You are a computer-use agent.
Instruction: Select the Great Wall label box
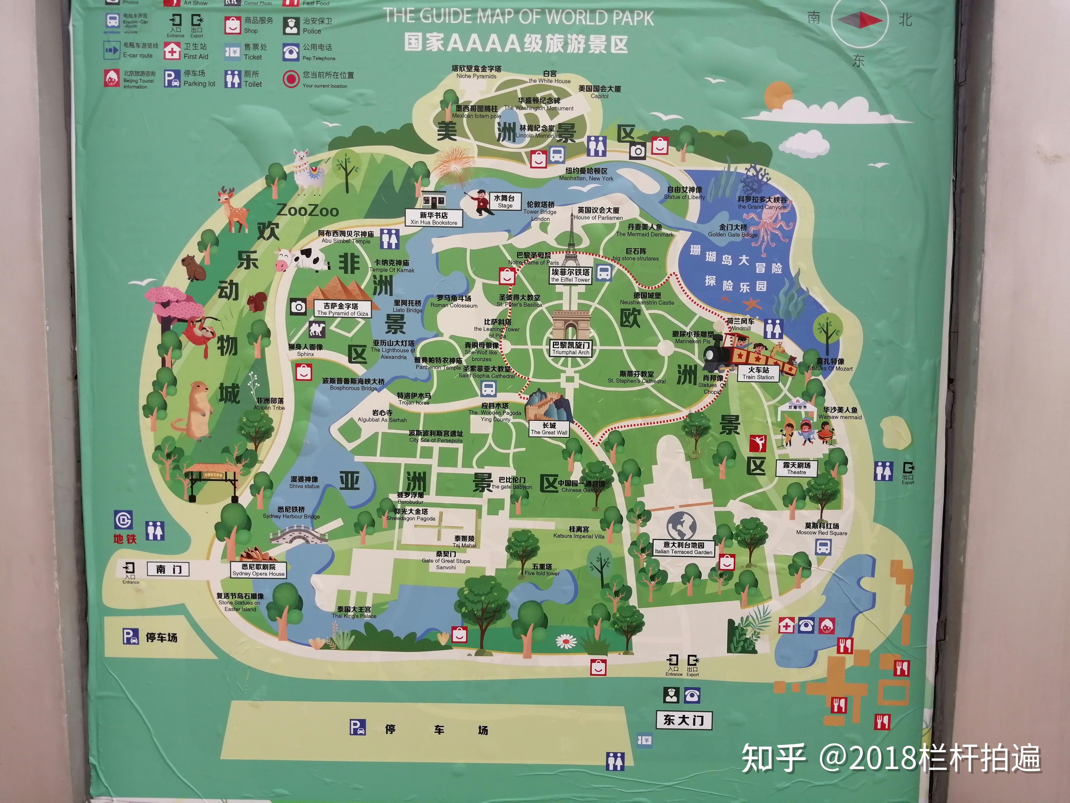tap(549, 429)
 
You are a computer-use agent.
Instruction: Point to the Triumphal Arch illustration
tap(570, 324)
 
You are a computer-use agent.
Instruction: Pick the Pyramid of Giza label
tap(342, 309)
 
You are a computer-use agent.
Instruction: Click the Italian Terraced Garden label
tap(684, 548)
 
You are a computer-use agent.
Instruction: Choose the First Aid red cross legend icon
tap(172, 51)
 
